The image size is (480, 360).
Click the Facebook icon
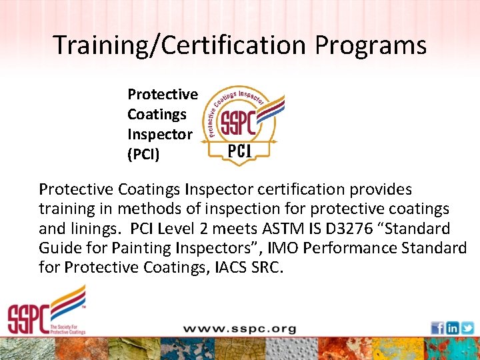pos(437,328)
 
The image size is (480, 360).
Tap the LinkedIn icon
pos(452,328)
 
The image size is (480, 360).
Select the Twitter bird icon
pos(467,328)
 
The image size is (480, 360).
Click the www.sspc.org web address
pos(240,329)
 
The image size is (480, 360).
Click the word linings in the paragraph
pos(91,229)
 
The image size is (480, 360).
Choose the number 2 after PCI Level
pos(217,229)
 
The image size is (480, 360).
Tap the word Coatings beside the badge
pos(157,114)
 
